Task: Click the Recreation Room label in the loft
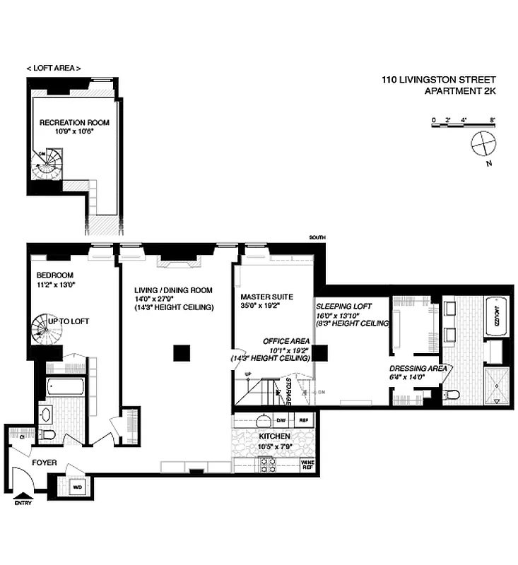tap(74, 123)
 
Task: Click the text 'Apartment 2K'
tap(459, 90)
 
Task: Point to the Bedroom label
tap(54, 275)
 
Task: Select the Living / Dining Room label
tap(174, 290)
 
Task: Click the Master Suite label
tap(266, 297)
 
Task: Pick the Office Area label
tap(282, 340)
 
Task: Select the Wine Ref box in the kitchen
tap(308, 464)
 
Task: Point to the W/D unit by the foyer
tap(78, 486)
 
